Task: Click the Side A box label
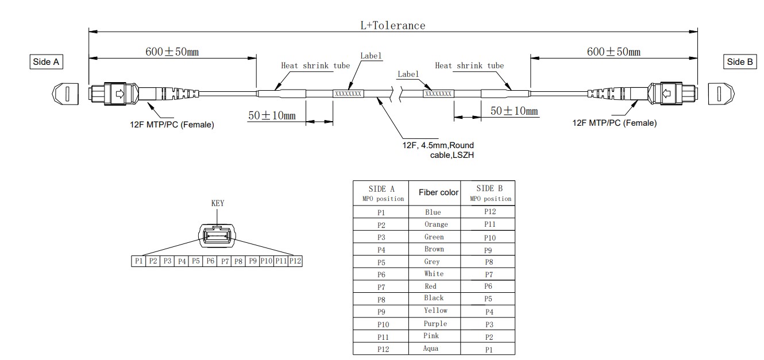coord(46,62)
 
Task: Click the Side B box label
coord(741,62)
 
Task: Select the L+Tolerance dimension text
coord(392,25)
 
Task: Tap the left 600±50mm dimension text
coord(172,52)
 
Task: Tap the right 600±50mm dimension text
coord(613,52)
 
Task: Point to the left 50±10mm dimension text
coord(272,115)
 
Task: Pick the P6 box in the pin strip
coord(210,261)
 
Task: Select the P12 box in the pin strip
coord(295,261)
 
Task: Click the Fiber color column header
coord(438,192)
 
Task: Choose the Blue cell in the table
coord(434,212)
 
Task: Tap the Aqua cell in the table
coord(431,348)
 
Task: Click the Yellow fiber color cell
coord(435,311)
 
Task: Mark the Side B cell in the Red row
coord(489,286)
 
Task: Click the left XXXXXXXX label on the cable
coord(348,93)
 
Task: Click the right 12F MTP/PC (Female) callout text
coord(615,122)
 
